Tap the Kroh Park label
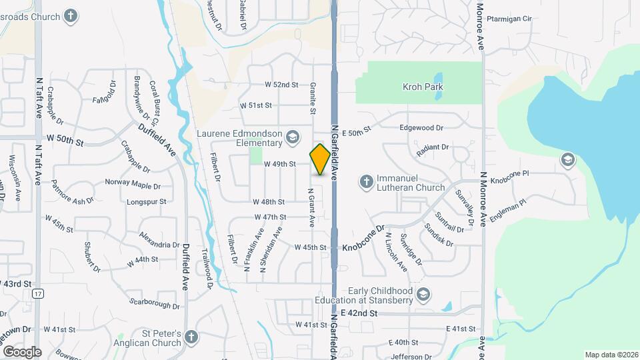[x=423, y=87]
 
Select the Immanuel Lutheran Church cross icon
[x=366, y=181]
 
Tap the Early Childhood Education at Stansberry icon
[x=422, y=294]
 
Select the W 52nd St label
[x=281, y=85]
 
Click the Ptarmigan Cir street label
[x=508, y=19]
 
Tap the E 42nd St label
[x=359, y=313]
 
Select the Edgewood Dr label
[x=421, y=127]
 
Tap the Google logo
[x=22, y=351]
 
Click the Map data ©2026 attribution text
[x=611, y=355]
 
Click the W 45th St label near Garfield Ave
[x=311, y=247]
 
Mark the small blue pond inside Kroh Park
[x=438, y=87]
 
